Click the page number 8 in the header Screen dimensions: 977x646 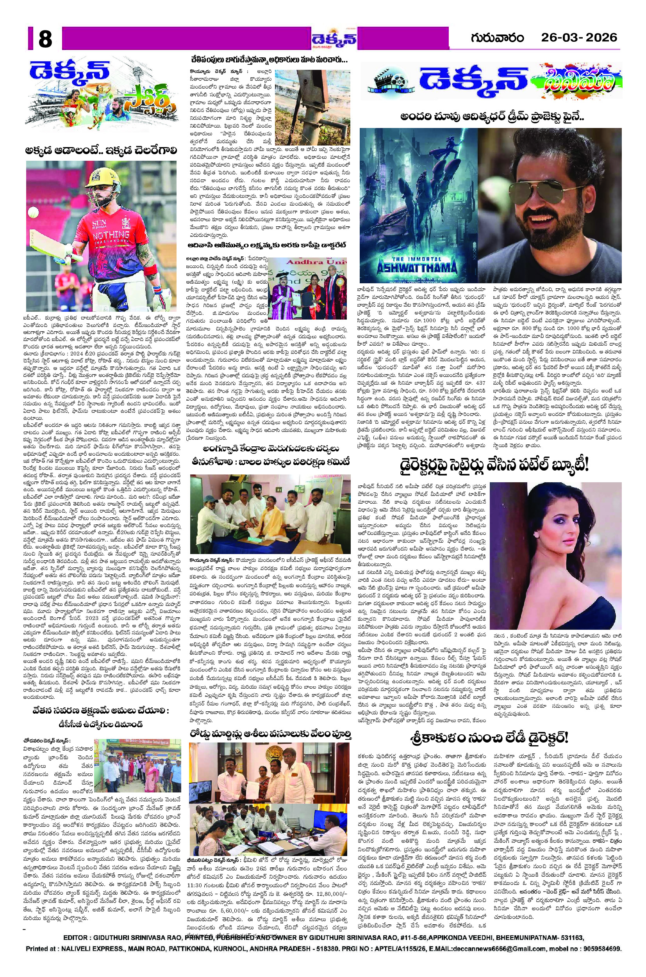(x=45, y=39)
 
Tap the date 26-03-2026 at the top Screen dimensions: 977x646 (x=579, y=38)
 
